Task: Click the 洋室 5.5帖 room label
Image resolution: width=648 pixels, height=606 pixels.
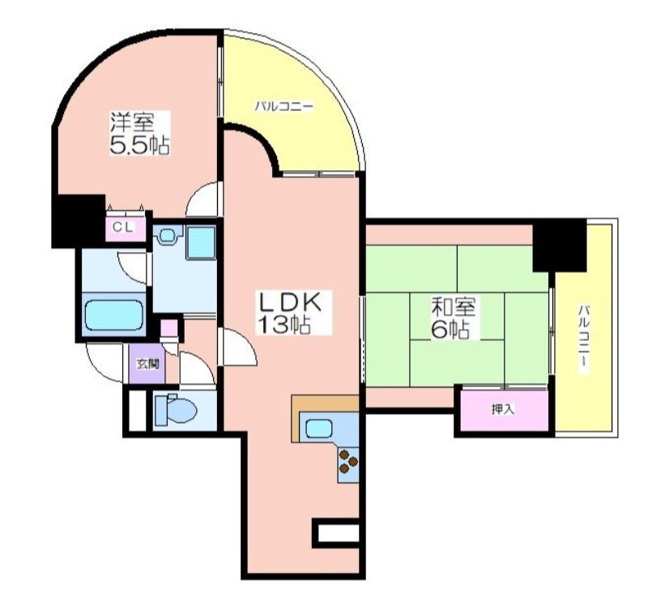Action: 139,133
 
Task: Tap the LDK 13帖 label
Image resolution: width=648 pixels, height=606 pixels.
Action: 289,312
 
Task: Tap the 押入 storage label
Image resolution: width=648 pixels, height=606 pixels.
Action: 503,409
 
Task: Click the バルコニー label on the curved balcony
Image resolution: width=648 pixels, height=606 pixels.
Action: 283,107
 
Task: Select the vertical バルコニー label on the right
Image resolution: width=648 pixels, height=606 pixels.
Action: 583,339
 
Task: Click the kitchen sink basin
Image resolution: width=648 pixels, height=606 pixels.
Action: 318,429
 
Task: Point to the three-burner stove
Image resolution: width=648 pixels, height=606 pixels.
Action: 348,461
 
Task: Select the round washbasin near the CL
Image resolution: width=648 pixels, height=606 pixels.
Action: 168,236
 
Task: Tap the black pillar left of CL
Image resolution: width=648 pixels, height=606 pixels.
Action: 78,221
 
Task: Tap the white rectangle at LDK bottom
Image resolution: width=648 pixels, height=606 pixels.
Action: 339,533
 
